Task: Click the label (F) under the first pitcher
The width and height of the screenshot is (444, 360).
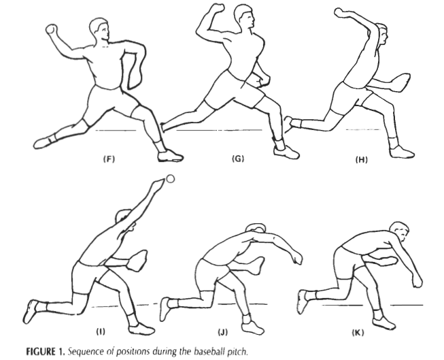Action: [109, 159]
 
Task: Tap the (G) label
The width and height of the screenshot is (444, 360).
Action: [238, 159]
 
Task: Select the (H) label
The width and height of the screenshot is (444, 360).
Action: [361, 160]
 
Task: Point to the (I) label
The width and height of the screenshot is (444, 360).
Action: [101, 331]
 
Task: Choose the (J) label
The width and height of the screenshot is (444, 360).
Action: [222, 331]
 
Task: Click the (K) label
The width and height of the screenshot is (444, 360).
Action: [358, 332]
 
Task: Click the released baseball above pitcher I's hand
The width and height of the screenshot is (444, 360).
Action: [171, 179]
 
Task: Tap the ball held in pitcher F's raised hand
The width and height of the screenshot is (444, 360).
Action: [51, 29]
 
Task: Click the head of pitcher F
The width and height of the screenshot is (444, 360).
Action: [99, 29]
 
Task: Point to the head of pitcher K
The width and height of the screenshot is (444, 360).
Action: [399, 231]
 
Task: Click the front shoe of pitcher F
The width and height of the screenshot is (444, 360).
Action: [170, 156]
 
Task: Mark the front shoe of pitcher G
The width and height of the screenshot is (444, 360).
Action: [286, 152]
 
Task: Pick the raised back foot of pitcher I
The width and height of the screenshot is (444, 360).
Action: [31, 311]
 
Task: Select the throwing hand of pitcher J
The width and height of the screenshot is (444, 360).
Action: [296, 257]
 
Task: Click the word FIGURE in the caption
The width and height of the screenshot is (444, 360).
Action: [41, 352]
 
